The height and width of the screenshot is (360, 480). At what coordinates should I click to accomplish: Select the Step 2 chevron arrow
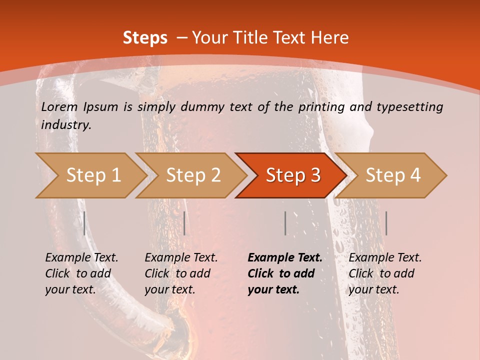193,175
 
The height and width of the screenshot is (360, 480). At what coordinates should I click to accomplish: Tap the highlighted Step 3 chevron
293,175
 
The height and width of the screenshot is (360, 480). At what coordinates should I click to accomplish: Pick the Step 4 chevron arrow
393,175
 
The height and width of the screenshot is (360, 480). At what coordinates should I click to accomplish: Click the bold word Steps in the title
145,38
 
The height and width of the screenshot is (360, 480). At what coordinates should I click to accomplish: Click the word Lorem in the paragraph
59,107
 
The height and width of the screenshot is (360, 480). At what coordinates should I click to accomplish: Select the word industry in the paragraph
66,125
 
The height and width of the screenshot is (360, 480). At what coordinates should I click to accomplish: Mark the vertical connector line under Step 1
84,223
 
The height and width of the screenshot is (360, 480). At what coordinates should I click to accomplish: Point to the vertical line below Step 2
184,223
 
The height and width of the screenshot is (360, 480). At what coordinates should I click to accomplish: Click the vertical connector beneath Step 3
285,223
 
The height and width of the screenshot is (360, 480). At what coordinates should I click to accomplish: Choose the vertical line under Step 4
386,223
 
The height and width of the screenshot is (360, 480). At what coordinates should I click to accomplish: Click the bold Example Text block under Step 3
285,273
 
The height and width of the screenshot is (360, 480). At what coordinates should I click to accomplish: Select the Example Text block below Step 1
81,273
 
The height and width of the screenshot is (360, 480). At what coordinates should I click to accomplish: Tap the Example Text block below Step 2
181,273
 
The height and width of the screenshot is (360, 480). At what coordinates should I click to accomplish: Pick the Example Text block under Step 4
385,273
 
